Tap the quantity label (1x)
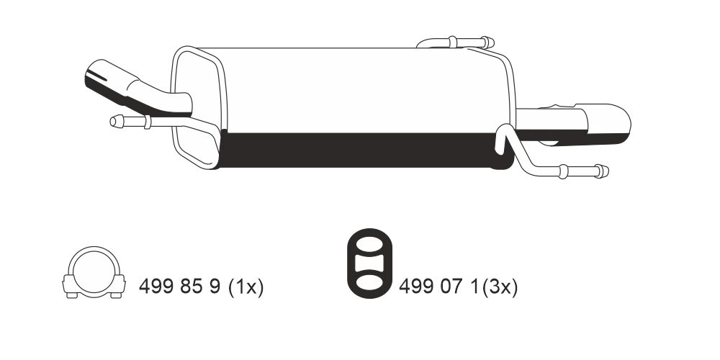pos(246,288)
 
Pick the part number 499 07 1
pos(440,288)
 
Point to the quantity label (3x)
pos(500,288)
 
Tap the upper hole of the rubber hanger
pos(368,247)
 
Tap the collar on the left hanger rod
pos(148,122)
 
